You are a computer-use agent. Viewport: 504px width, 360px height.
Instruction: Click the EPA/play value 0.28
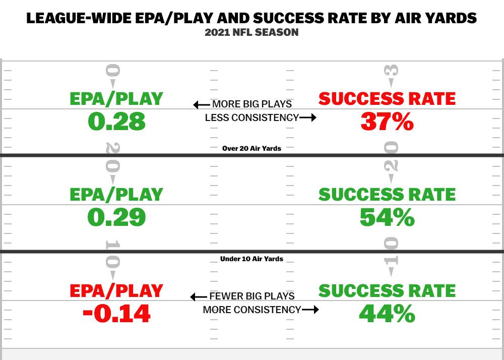click(116, 122)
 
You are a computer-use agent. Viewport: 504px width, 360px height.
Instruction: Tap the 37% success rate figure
click(387, 122)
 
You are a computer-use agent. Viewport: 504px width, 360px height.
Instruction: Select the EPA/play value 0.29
click(116, 217)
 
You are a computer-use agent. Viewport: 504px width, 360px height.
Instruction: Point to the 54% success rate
click(387, 217)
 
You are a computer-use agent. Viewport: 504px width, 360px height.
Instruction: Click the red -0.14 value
click(116, 314)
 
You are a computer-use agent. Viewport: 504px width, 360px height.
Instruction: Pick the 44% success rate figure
click(387, 314)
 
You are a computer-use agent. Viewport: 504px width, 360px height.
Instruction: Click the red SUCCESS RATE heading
click(387, 98)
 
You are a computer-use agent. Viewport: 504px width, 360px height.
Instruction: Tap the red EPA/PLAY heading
click(116, 290)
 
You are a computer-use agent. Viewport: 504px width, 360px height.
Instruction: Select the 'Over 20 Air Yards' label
click(251, 148)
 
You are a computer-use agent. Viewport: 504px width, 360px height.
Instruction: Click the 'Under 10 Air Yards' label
click(251, 259)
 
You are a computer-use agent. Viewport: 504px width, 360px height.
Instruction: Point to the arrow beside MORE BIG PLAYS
click(202, 105)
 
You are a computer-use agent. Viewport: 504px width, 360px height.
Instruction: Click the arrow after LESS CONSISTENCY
click(308, 118)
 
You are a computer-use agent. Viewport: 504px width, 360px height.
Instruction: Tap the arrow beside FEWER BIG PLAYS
click(199, 297)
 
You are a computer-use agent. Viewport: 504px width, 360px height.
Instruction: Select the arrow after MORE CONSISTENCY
click(310, 310)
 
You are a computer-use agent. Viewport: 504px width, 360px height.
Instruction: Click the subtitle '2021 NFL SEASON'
click(251, 32)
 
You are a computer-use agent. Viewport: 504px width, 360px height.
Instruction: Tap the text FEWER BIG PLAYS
click(252, 296)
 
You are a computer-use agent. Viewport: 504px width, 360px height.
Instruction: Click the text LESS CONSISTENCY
click(251, 118)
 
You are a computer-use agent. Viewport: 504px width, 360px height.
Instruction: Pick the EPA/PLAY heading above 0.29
click(116, 194)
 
